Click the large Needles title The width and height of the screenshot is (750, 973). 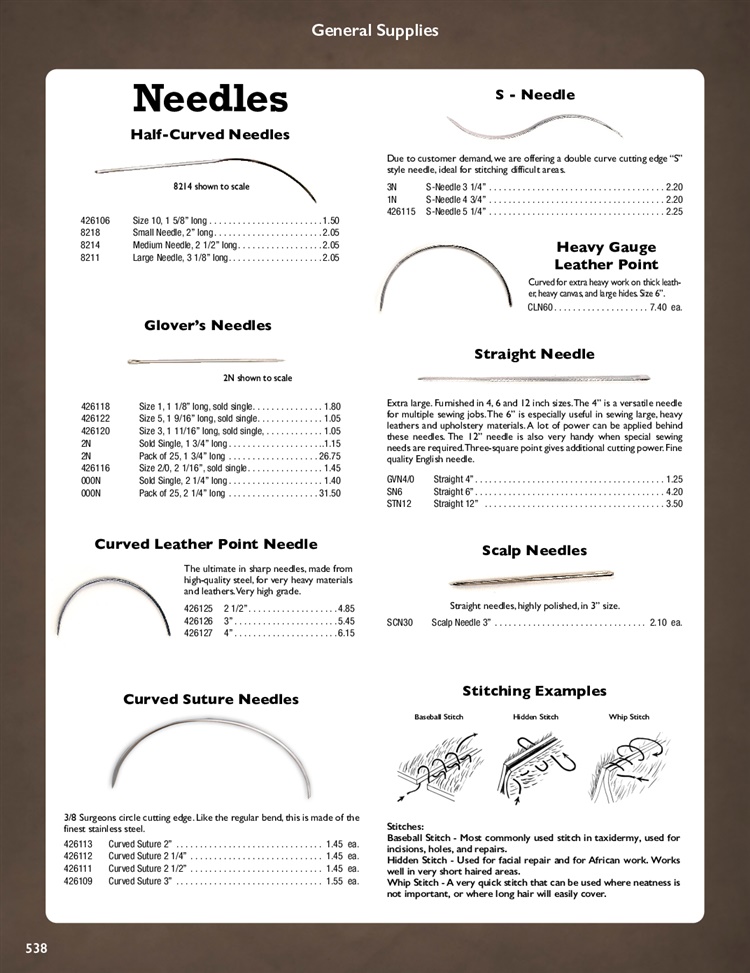(210, 98)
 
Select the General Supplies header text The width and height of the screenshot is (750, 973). (375, 30)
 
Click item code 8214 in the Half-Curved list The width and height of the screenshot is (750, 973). (91, 244)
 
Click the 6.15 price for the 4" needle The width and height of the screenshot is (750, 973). (346, 633)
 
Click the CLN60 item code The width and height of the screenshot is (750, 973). (540, 308)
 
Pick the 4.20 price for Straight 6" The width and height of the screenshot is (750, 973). (673, 492)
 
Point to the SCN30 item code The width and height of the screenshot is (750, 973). (400, 622)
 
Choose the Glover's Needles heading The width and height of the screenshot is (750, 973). (208, 325)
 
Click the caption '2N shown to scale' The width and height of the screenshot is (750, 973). (257, 378)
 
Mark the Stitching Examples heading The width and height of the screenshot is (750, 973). (534, 691)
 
